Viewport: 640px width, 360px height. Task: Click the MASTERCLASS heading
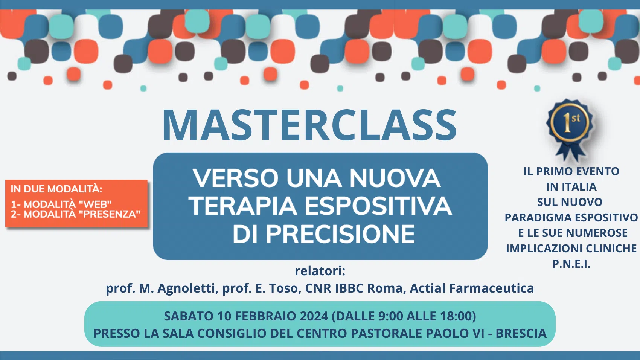(310, 125)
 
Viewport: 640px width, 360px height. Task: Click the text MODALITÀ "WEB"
(67, 204)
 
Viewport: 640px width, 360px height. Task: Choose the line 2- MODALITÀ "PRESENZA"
(75, 214)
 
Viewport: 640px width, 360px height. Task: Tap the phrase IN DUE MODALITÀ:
(56, 189)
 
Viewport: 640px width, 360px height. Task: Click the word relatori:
(320, 271)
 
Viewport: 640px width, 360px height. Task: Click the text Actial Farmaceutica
(472, 288)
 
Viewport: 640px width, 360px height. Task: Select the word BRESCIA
(521, 333)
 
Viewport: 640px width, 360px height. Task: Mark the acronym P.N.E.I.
(571, 264)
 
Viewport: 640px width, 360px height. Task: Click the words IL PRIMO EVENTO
(571, 171)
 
